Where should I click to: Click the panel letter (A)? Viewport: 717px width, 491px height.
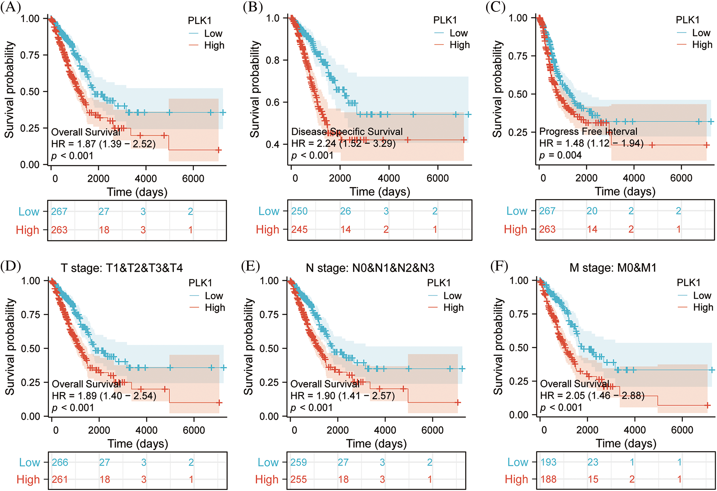click(x=10, y=7)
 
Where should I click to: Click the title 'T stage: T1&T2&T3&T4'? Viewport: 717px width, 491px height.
click(x=122, y=268)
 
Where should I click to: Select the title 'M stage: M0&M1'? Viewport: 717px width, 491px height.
click(x=613, y=268)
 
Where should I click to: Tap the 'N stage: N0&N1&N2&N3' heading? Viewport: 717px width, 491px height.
click(x=370, y=268)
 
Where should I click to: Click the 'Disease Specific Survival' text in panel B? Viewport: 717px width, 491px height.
click(x=347, y=132)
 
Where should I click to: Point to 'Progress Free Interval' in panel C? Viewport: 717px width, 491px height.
click(x=588, y=131)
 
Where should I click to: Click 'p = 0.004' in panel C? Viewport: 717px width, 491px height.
click(x=560, y=155)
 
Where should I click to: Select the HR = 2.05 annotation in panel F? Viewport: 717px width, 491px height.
click(x=592, y=396)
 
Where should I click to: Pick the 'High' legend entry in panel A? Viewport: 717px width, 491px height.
click(x=214, y=45)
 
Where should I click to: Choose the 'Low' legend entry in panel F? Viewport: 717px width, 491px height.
click(x=702, y=296)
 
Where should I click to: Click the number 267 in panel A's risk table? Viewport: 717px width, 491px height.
click(x=59, y=211)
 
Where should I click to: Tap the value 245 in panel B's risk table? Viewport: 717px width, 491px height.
click(x=299, y=230)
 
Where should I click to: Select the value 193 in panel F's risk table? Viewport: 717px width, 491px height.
click(x=548, y=462)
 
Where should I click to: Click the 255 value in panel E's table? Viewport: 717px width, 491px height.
click(x=299, y=480)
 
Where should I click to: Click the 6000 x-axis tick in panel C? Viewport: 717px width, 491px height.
click(x=681, y=178)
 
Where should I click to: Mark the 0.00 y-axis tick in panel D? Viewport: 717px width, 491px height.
click(x=31, y=416)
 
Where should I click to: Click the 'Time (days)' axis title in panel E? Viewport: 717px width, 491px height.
click(x=376, y=444)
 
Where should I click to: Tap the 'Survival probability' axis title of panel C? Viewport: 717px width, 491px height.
click(x=497, y=89)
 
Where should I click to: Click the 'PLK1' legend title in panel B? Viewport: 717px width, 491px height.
click(x=445, y=20)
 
